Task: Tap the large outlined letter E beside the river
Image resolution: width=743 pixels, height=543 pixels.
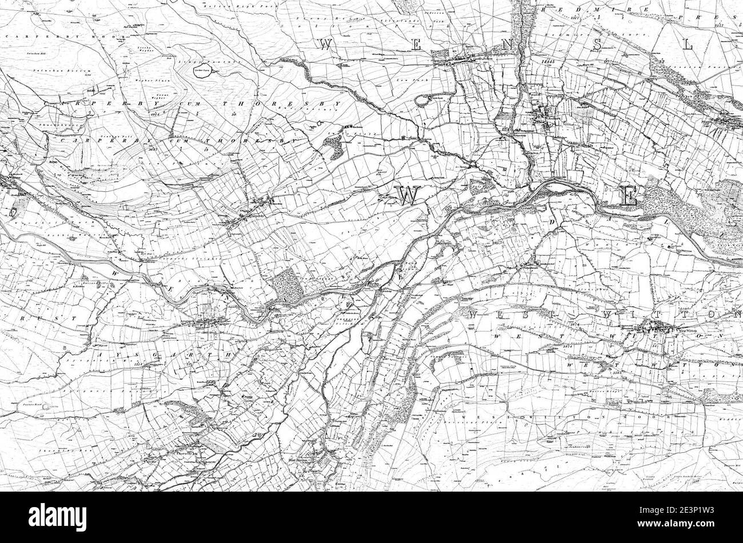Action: (x=628, y=197)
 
